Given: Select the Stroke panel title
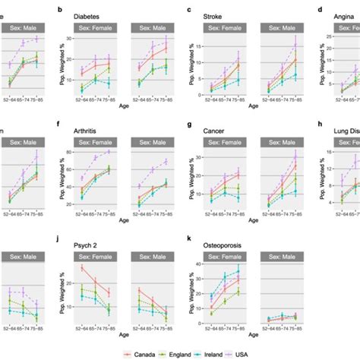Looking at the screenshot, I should [x=218, y=15].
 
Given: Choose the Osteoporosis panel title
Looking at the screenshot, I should [x=229, y=247].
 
